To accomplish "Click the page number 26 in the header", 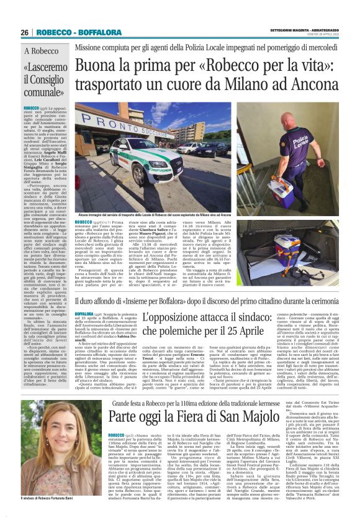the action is [x=25, y=32].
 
